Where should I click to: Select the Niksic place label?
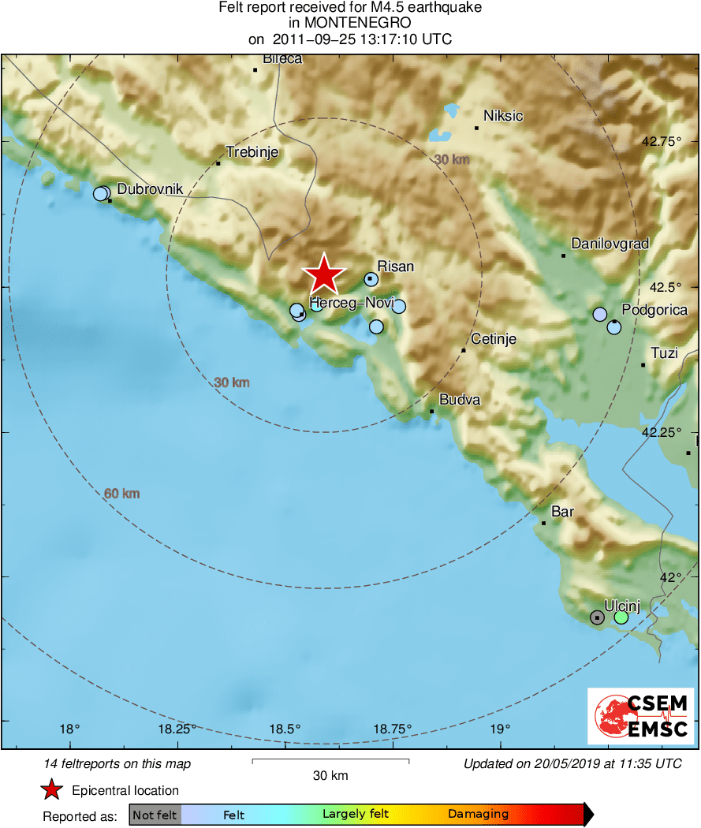pyautogui.click(x=503, y=116)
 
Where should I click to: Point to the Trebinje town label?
pyautogui.click(x=252, y=152)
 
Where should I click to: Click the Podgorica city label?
pyautogui.click(x=654, y=310)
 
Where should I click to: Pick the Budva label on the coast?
pyautogui.click(x=460, y=400)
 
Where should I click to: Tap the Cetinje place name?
pyautogui.click(x=493, y=339)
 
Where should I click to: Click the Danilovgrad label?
pyautogui.click(x=610, y=244)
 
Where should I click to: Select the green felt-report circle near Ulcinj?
pyautogui.click(x=621, y=617)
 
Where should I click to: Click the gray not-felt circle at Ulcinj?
pyautogui.click(x=598, y=617)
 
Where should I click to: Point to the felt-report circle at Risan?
pyautogui.click(x=371, y=278)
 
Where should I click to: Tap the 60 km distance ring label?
pyautogui.click(x=122, y=494)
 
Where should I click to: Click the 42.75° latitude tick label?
pyautogui.click(x=661, y=143)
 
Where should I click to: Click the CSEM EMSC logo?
pyautogui.click(x=640, y=716)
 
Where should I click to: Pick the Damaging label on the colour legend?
pyautogui.click(x=478, y=814)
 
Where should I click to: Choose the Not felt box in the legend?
pyautogui.click(x=155, y=815)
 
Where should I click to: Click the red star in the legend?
pyautogui.click(x=52, y=789)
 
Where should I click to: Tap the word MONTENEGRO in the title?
pyautogui.click(x=350, y=23)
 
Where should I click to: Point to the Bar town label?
pyautogui.click(x=562, y=513)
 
